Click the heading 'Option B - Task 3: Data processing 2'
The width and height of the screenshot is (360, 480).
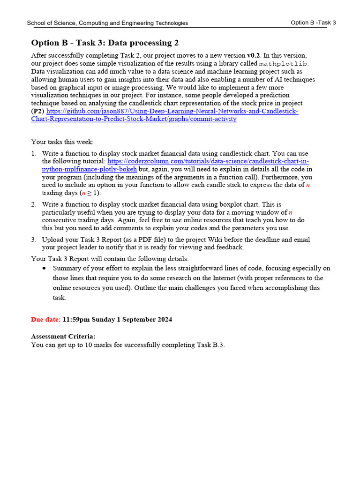(105, 43)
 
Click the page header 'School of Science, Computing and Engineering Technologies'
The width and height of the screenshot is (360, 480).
(107, 23)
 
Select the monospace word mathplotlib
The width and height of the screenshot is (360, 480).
(284, 63)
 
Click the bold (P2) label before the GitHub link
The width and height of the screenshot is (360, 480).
(37, 111)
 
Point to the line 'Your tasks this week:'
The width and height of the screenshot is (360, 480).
(62, 142)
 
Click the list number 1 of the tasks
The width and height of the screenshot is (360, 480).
(34, 154)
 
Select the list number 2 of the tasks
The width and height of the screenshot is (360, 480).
(34, 204)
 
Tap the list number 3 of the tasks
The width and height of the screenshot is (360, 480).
(34, 240)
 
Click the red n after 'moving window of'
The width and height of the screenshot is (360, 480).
(291, 212)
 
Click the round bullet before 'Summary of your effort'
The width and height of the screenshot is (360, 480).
(44, 269)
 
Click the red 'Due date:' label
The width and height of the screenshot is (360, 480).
(45, 320)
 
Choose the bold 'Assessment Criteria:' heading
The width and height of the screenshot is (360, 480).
(63, 337)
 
